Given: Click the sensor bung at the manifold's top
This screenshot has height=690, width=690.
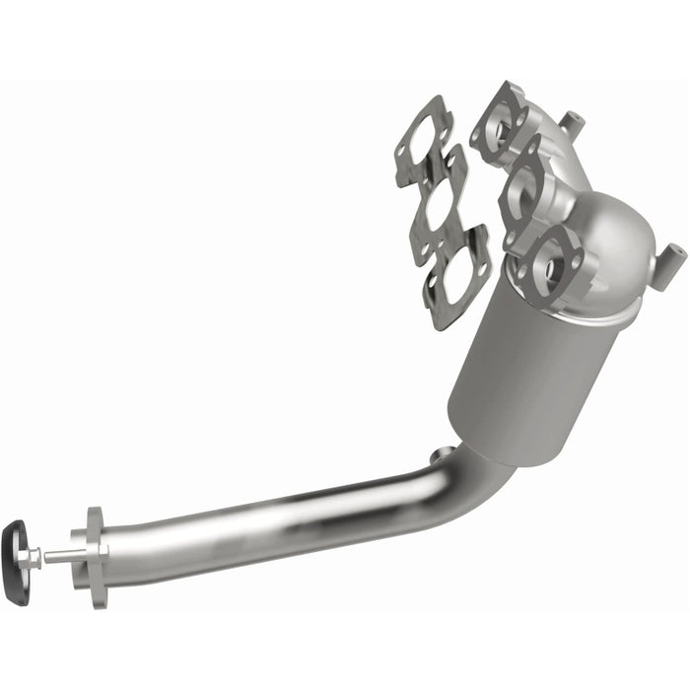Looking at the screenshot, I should [x=568, y=122].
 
